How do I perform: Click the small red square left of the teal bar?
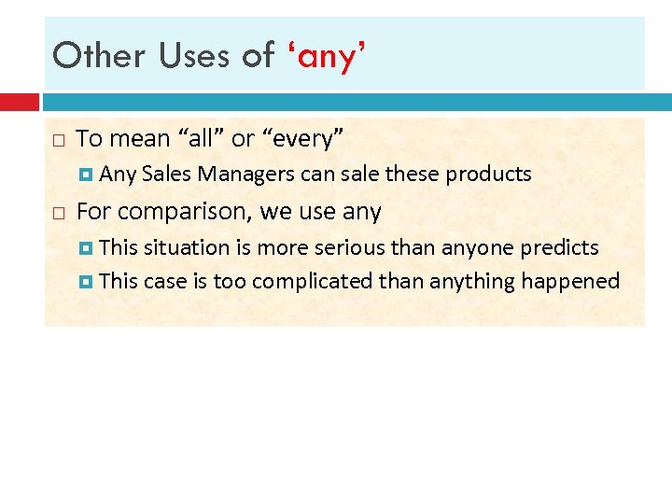point(19,101)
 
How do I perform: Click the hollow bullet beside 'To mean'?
point(58,140)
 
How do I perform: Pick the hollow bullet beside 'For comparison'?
point(58,213)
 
